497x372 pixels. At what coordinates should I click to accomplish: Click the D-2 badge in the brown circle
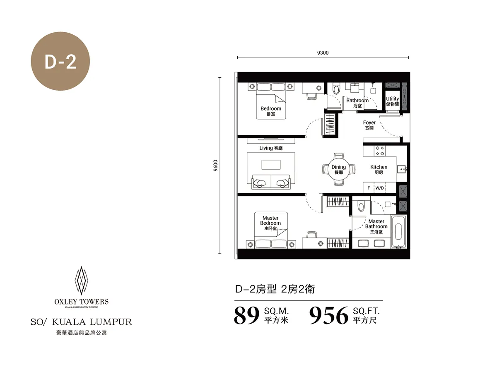click(x=60, y=62)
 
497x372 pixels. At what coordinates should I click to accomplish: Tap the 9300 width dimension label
click(x=323, y=53)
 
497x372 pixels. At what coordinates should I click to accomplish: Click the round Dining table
click(x=338, y=169)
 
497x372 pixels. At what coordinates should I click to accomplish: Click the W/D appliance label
click(x=379, y=188)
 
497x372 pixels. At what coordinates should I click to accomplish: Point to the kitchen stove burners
click(x=379, y=151)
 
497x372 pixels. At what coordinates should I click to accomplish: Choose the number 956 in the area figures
click(x=329, y=316)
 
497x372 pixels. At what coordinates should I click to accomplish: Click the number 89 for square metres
click(x=247, y=316)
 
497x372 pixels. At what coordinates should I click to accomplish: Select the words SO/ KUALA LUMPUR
click(x=81, y=322)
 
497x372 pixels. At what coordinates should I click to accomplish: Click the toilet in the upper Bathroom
click(x=336, y=88)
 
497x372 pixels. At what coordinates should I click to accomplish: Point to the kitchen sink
click(x=401, y=169)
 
